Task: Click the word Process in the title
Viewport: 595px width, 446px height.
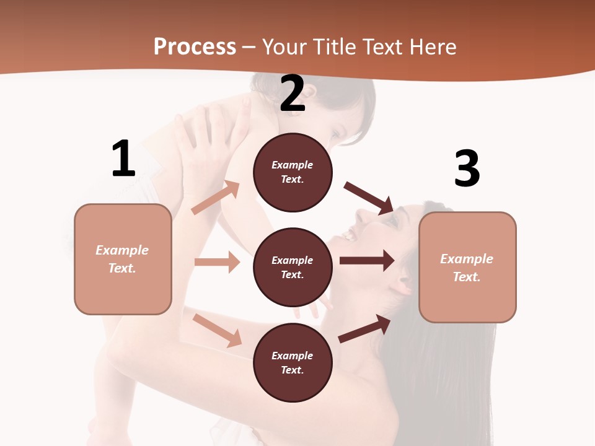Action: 195,47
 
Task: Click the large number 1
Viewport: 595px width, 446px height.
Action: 123,159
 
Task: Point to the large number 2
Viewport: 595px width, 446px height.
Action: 293,94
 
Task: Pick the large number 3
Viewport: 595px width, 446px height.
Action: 467,168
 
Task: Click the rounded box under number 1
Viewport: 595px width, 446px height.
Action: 123,259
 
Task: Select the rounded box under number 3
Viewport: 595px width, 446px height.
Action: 467,268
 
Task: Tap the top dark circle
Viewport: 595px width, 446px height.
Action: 293,172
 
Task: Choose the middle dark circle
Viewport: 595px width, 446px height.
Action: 293,268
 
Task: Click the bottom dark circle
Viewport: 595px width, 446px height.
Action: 293,363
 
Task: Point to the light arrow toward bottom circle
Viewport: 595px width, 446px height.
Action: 218,330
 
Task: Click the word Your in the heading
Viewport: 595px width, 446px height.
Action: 285,47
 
